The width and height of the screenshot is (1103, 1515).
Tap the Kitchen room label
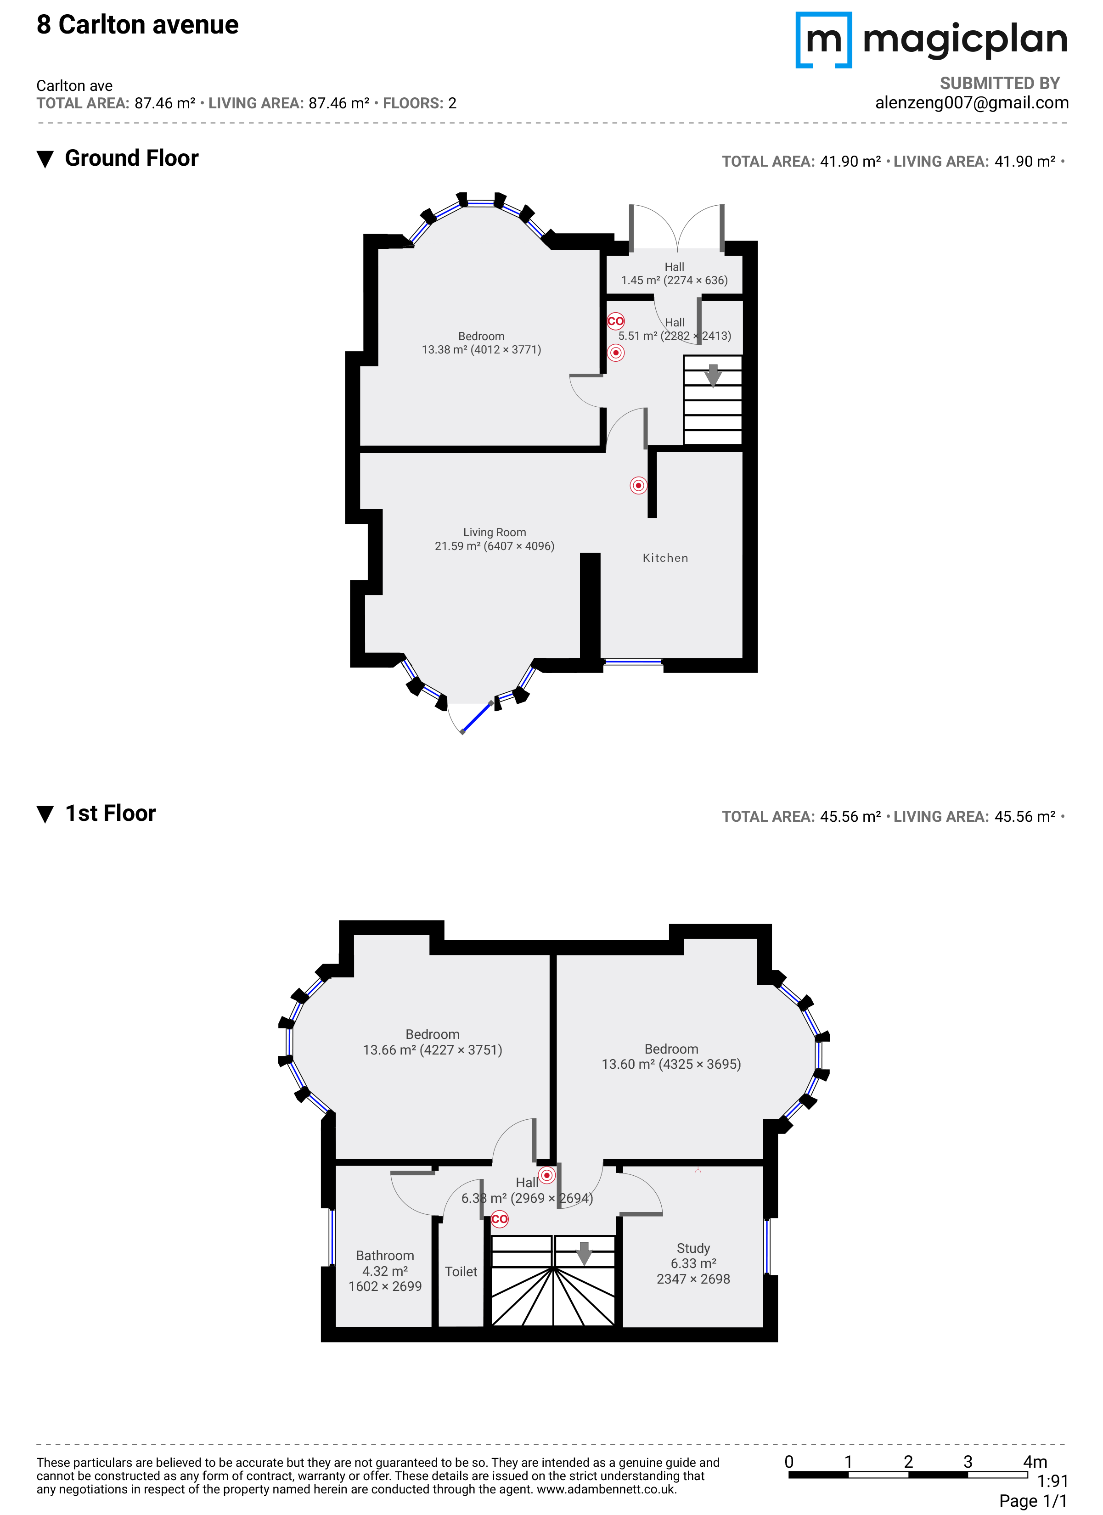(x=665, y=558)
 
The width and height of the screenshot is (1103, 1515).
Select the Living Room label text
(x=495, y=533)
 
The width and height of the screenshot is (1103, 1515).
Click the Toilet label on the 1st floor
(x=461, y=1271)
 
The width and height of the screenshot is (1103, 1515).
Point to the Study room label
(x=693, y=1248)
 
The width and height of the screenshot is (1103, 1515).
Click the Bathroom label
(x=385, y=1255)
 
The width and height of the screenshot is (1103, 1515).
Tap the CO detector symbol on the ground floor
(x=615, y=321)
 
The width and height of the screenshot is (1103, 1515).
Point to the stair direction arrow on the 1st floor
(x=584, y=1254)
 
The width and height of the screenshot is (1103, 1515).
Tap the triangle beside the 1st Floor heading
(x=45, y=814)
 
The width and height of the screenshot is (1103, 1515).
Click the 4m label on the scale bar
(x=1035, y=1462)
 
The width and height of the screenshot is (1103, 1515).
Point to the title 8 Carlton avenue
(x=138, y=25)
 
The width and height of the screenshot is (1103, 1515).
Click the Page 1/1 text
(x=1034, y=1501)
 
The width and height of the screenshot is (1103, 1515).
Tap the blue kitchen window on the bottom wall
(x=633, y=661)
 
